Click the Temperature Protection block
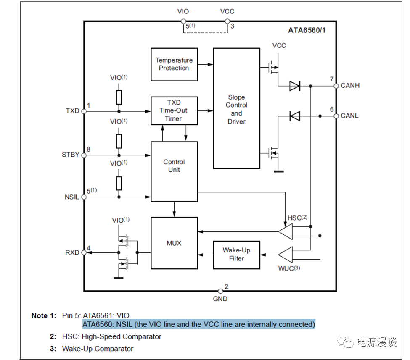174,64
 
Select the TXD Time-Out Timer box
174,110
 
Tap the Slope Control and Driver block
236,109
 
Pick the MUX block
174,243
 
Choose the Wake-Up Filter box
236,255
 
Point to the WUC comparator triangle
286,255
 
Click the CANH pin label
350,86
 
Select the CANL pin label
350,116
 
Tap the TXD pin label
72,111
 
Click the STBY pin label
70,155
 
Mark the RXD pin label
72,252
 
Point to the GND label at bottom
220,299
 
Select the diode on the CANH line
294,86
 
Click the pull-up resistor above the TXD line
119,97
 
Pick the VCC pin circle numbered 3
227,21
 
